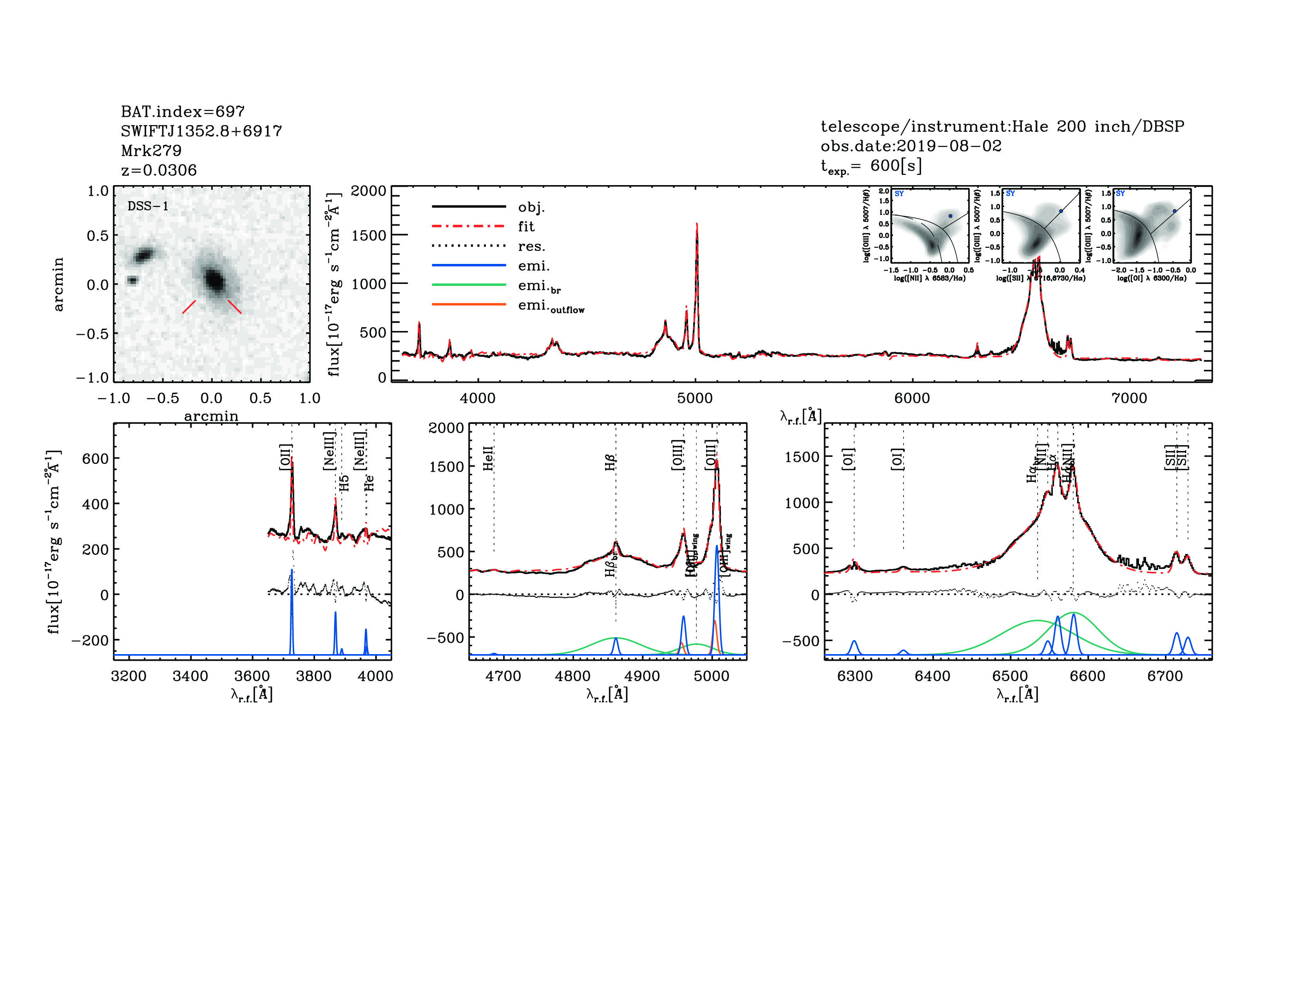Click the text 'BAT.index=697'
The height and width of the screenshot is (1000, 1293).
[182, 111]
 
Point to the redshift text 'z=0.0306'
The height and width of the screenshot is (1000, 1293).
[159, 170]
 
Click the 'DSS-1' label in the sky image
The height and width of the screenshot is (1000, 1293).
[148, 206]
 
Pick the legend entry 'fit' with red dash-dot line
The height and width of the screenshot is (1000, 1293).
[526, 226]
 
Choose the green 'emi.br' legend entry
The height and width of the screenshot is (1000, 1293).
[539, 286]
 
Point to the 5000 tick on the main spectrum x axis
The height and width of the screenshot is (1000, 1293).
[695, 398]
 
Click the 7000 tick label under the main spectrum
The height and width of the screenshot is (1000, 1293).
[1129, 398]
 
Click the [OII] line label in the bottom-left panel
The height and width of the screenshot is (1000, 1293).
[285, 457]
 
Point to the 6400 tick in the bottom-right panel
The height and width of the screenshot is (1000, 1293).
[933, 676]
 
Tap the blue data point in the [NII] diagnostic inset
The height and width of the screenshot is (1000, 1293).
[950, 216]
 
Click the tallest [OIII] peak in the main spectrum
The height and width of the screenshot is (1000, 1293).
[697, 225]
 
